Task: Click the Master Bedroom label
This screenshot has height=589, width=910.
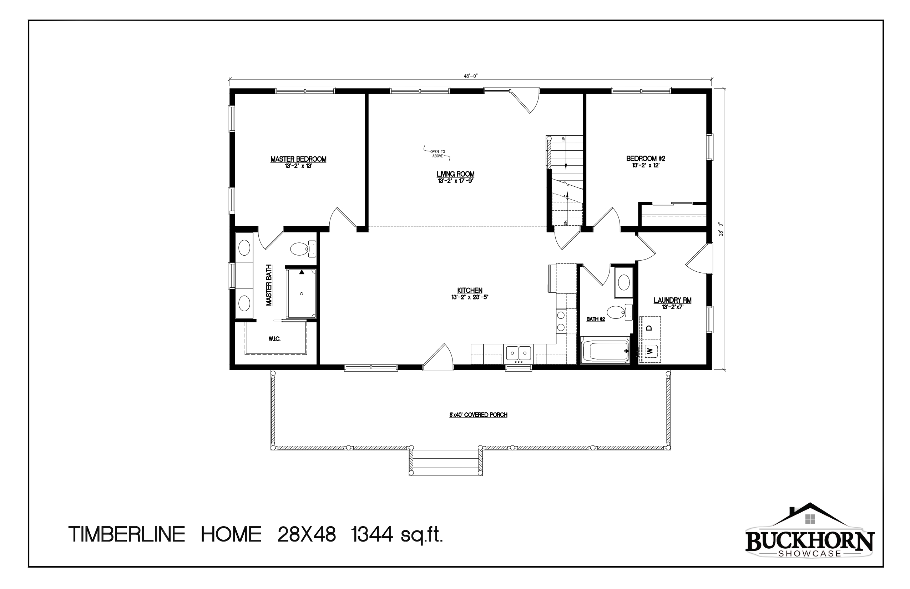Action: tap(298, 159)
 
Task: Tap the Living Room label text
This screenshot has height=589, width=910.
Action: tap(455, 174)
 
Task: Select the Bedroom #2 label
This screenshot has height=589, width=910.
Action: tap(646, 158)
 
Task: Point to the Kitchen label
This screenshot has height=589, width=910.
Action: tap(470, 291)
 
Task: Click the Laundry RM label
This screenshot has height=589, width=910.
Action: tap(673, 300)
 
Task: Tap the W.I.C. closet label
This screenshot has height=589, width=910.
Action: tap(274, 339)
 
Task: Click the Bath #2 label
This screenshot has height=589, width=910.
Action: tap(595, 319)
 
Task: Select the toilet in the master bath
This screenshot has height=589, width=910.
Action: tap(303, 250)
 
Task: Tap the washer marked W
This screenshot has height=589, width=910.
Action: tap(650, 350)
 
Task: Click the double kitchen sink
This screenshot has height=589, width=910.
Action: tap(518, 353)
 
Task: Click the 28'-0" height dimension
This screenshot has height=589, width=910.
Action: tap(721, 229)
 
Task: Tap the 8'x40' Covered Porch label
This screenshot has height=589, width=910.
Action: tap(478, 414)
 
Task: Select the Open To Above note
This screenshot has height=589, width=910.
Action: tap(438, 154)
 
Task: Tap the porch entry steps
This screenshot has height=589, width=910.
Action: tap(445, 462)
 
